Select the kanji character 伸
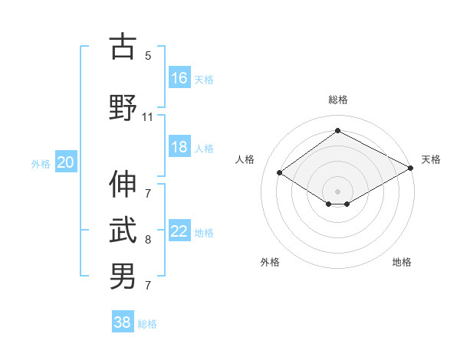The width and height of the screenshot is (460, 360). (x=123, y=184)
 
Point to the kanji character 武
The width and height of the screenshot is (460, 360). (x=123, y=230)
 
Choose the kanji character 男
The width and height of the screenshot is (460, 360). (x=123, y=276)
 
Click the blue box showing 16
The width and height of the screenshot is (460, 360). (x=179, y=77)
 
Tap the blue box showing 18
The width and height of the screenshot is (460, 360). (x=179, y=148)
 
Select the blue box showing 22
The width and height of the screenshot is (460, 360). (x=179, y=231)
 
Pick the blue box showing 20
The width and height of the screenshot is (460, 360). (x=66, y=162)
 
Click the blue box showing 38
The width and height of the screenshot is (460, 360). (x=123, y=322)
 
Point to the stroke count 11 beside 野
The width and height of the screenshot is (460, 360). (x=147, y=116)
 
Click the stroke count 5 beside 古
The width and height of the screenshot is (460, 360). (x=148, y=55)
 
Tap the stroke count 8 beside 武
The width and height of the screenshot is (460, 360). (x=148, y=240)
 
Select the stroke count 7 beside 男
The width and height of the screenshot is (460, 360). (x=148, y=286)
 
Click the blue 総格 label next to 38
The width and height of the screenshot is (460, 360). (x=147, y=324)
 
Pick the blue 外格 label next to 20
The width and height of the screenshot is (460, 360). (x=41, y=163)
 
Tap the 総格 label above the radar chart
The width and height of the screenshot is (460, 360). (x=337, y=100)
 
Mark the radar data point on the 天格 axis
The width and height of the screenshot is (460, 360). (x=412, y=169)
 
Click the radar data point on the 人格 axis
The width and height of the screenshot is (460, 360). (x=280, y=173)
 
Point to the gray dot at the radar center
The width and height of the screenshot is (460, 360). (x=337, y=190)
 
